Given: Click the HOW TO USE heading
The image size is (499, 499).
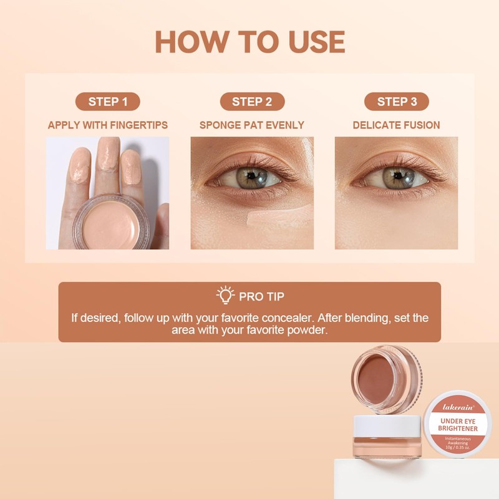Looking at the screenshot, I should [249, 41].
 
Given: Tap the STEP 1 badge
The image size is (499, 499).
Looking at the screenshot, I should [107, 102].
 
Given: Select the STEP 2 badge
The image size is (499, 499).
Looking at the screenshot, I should [252, 102].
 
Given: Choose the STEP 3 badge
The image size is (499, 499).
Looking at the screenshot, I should [397, 102].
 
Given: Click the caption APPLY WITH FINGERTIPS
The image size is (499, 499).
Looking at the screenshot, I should [107, 125].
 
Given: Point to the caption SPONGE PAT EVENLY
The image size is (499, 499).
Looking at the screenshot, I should [252, 125].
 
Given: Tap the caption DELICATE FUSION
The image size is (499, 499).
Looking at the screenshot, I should [397, 125].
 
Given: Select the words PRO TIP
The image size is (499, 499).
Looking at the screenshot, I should [262, 296].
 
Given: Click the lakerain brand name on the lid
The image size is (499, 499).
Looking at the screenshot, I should [458, 407].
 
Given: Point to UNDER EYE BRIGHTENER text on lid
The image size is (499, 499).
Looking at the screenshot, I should [458, 425].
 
